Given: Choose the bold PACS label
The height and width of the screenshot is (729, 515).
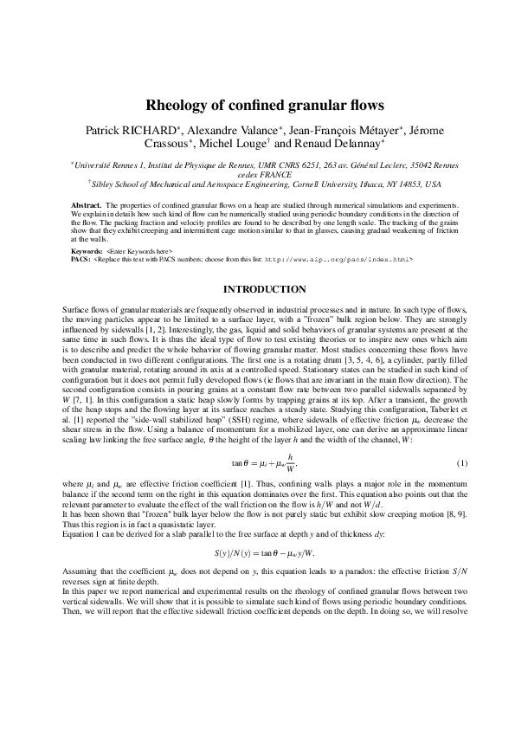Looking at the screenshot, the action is click(80, 258).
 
